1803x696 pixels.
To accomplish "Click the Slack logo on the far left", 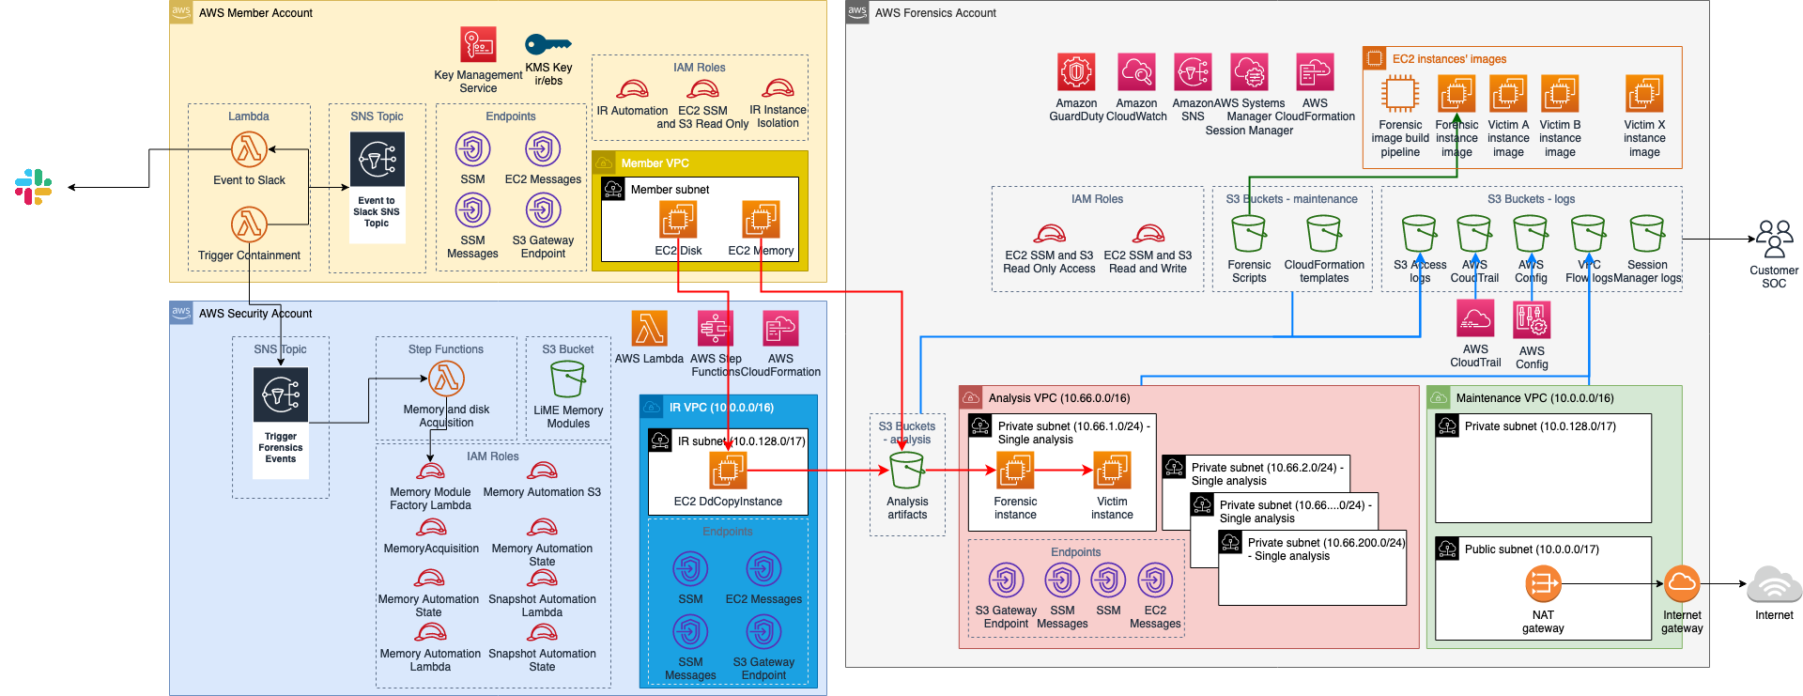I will (x=34, y=186).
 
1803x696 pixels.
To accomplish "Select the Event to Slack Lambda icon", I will (x=249, y=148).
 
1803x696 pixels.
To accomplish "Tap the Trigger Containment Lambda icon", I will (x=249, y=224).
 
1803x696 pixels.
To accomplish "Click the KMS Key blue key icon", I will (x=547, y=44).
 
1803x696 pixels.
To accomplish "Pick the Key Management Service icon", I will (x=478, y=45).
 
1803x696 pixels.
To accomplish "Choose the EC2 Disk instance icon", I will (x=678, y=220).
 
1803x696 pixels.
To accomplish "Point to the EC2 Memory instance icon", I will (x=761, y=220).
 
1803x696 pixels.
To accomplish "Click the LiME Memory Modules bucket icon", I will (x=568, y=379).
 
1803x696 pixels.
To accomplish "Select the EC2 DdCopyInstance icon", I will (x=728, y=470).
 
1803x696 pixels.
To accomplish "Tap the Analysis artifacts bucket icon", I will (x=907, y=471).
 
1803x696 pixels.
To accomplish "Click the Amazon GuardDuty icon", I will (x=1076, y=72).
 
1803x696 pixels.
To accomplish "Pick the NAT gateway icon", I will (x=1543, y=584).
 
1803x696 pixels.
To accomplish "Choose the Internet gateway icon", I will (x=1682, y=584).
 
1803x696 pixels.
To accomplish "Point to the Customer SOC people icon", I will (x=1774, y=240).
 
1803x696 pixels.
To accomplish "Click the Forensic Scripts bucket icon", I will (x=1249, y=234).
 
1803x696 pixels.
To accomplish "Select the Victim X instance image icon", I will (x=1644, y=94).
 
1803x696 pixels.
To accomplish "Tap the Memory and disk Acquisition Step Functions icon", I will (x=446, y=379).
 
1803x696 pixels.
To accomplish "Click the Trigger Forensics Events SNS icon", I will (x=281, y=394).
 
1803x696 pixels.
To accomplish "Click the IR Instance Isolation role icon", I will (x=778, y=89).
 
